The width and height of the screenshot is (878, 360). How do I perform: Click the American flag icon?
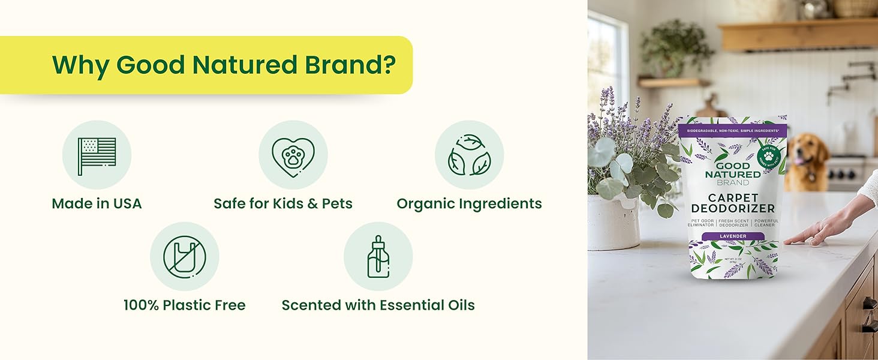click(97, 155)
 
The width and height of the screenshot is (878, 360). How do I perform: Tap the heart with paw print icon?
click(293, 155)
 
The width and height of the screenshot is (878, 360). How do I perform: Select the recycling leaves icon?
click(469, 155)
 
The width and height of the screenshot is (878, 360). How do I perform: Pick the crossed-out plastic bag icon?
click(184, 257)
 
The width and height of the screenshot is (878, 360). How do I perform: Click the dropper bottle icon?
click(378, 257)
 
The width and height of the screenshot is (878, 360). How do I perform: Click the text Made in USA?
click(97, 204)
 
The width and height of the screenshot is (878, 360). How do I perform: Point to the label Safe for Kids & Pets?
click(283, 204)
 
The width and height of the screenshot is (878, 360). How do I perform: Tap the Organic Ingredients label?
click(469, 204)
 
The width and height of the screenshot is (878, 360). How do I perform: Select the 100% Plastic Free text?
click(184, 305)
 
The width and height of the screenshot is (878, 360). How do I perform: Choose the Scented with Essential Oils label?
click(378, 305)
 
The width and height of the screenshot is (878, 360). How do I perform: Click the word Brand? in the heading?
click(350, 65)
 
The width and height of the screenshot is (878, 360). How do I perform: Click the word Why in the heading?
click(80, 65)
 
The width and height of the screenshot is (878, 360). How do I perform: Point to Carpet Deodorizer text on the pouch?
click(732, 203)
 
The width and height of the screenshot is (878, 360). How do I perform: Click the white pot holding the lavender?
click(611, 222)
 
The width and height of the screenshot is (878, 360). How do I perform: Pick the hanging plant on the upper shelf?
click(675, 45)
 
